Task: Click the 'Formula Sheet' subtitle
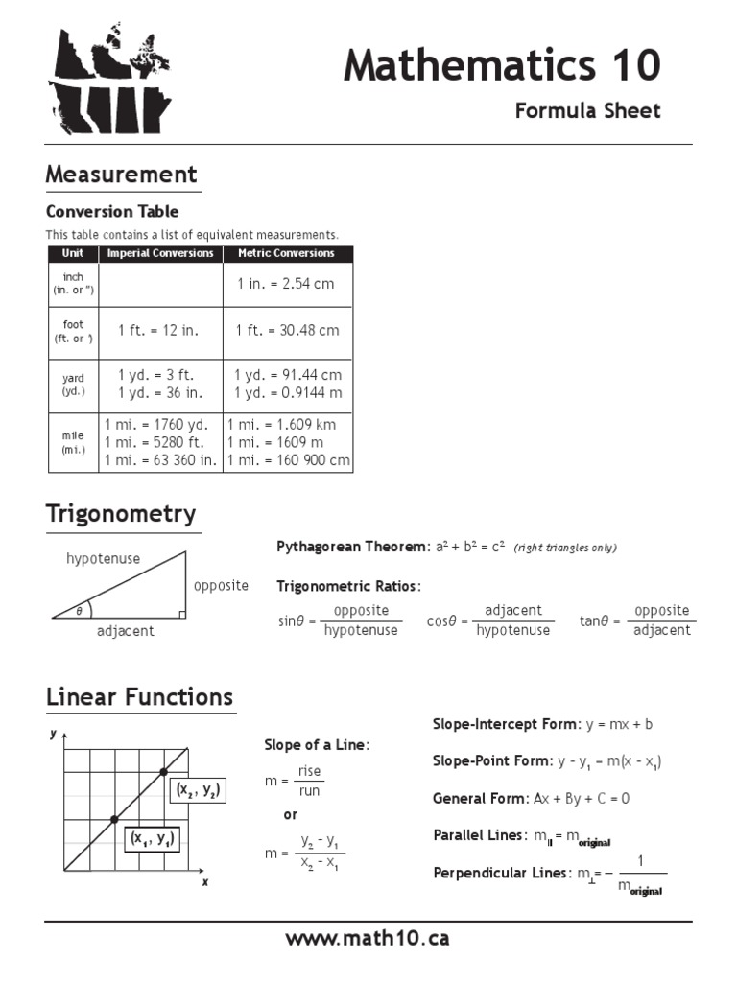pos(587,110)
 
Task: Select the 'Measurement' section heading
pos(122,175)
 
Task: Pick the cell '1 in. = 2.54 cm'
pos(286,285)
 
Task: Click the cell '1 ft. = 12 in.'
pos(158,330)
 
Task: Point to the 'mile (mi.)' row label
pos(73,442)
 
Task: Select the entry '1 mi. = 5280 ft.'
pos(156,442)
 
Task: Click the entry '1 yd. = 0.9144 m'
pos(288,392)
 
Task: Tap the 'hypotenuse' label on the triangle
pos(103,558)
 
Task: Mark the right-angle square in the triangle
pos(180,614)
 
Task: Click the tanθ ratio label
pos(595,620)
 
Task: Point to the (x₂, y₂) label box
pos(198,791)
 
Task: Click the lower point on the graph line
pos(114,819)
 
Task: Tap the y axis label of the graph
pos(53,734)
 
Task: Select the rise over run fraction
pos(309,781)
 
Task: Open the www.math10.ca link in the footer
pos(368,938)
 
